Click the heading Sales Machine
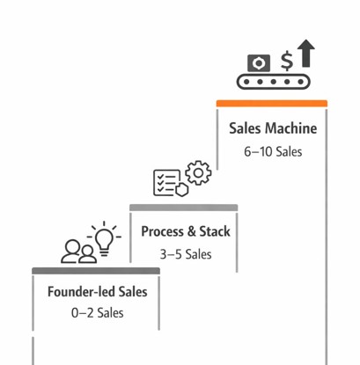[273, 128]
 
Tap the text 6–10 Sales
[273, 151]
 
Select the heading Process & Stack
[186, 232]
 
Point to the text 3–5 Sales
[186, 255]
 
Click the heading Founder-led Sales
[98, 292]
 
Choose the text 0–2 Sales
[98, 313]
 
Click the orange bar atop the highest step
[272, 104]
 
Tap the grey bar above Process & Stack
[184, 208]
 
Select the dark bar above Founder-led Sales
[97, 269]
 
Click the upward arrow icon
[305, 54]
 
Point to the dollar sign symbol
[286, 61]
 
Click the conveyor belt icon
[276, 82]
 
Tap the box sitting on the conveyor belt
[259, 62]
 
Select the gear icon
[200, 172]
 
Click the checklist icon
[168, 182]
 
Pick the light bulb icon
[106, 237]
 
